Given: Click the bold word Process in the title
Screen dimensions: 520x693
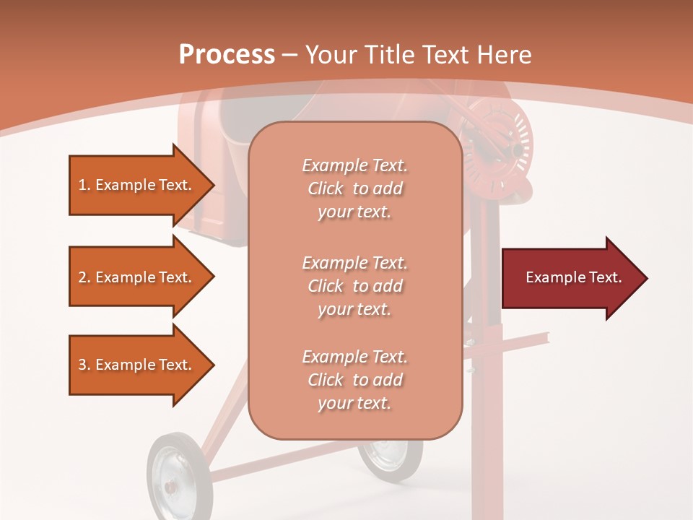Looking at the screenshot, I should [x=227, y=55].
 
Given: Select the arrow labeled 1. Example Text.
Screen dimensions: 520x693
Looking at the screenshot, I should [x=137, y=185].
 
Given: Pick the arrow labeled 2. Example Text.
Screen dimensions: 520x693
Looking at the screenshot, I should [x=137, y=277].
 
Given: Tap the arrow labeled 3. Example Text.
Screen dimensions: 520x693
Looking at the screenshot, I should [x=137, y=365].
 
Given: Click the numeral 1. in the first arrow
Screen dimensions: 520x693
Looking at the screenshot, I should [x=84, y=185].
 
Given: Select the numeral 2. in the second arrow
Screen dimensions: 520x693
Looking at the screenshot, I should [x=84, y=277].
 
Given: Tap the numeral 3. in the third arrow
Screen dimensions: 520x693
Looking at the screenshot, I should [x=84, y=365].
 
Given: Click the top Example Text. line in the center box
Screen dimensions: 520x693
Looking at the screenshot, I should [x=354, y=165].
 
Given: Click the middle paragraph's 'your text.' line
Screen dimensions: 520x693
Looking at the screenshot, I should [x=354, y=309].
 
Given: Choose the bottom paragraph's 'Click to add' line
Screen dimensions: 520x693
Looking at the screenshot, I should [x=354, y=380].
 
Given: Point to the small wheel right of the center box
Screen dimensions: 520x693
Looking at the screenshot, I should [x=392, y=458].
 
